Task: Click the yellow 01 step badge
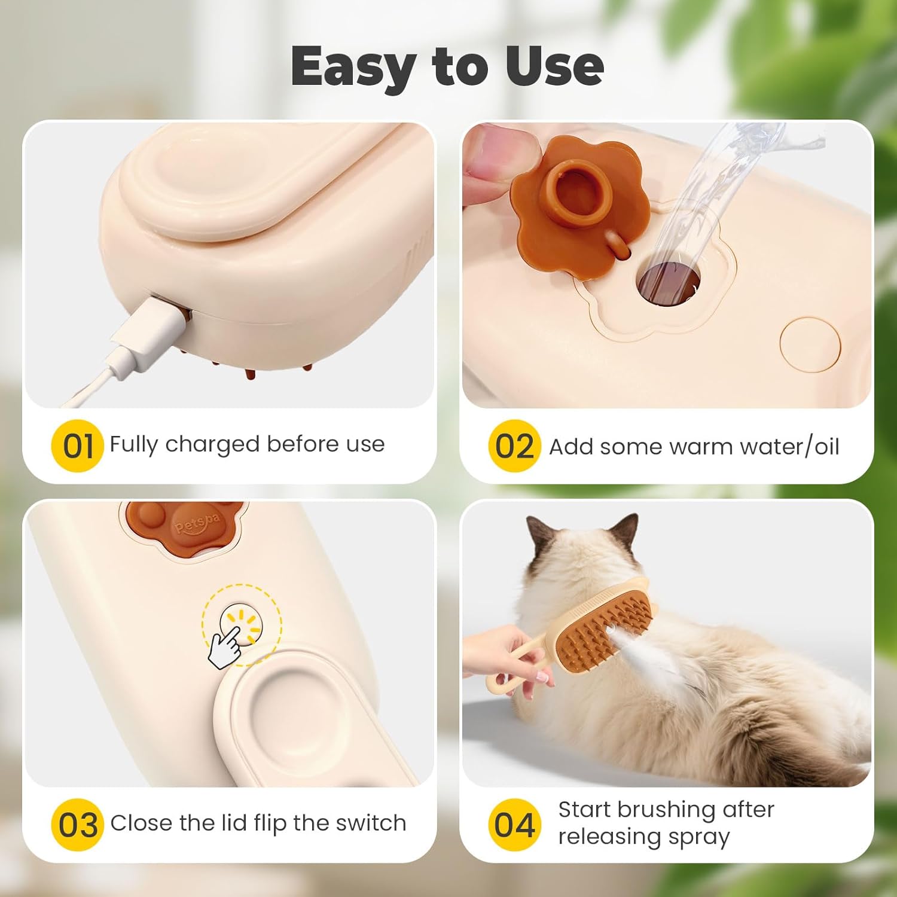coord(78,446)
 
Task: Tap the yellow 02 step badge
coord(514,446)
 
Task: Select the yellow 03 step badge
coord(77,825)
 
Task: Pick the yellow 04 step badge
coord(514,825)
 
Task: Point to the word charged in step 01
coord(212,444)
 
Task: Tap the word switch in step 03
coord(371,823)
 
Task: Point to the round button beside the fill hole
coord(810,346)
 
